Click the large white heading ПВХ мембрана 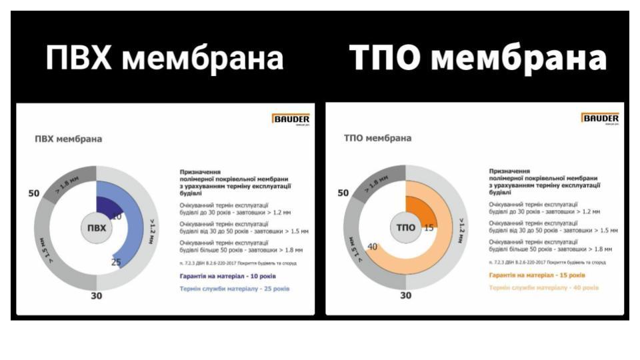pyautogui.click(x=164, y=59)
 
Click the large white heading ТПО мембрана pyautogui.click(x=478, y=59)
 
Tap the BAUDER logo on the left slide pyautogui.click(x=291, y=119)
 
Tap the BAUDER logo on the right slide pyautogui.click(x=601, y=119)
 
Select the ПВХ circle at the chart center pyautogui.click(x=97, y=227)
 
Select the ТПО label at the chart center pyautogui.click(x=405, y=227)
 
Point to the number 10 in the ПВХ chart pyautogui.click(x=116, y=217)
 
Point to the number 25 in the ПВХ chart pyautogui.click(x=116, y=263)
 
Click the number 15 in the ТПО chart pyautogui.click(x=429, y=227)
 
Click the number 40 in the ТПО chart pyautogui.click(x=372, y=247)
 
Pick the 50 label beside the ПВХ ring pyautogui.click(x=34, y=194)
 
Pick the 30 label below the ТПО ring pyautogui.click(x=405, y=295)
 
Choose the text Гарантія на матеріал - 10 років pyautogui.click(x=227, y=275)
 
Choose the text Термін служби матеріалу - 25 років pyautogui.click(x=235, y=289)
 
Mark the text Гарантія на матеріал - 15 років pyautogui.click(x=537, y=275)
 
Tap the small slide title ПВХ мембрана pyautogui.click(x=68, y=139)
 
